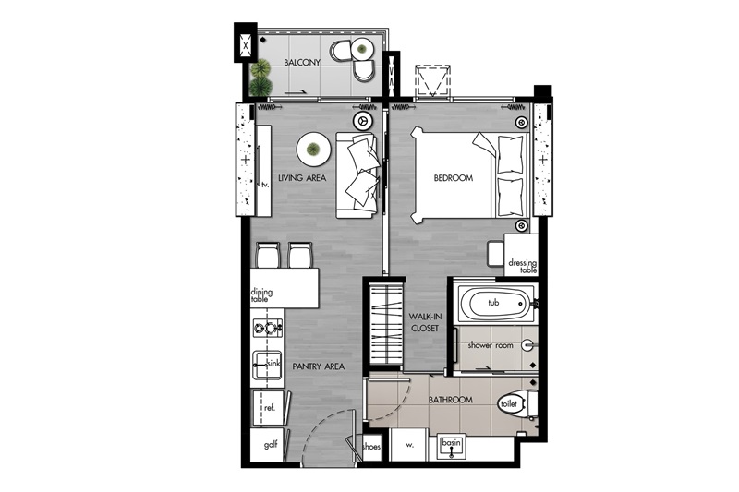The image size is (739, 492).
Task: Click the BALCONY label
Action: (x=302, y=62)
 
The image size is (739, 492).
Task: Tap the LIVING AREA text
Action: (x=302, y=178)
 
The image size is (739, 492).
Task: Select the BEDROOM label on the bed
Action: (x=453, y=178)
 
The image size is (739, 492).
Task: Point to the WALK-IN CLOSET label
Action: (x=425, y=322)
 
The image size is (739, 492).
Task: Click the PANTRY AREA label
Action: (x=318, y=366)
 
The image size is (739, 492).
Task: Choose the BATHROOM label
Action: (x=450, y=400)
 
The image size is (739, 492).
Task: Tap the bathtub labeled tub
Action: (x=494, y=304)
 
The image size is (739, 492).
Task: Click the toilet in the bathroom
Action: (x=517, y=404)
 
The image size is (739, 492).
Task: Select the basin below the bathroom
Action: (x=451, y=448)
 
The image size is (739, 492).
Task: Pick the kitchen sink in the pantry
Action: (x=267, y=365)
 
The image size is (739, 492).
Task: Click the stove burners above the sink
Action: (x=267, y=327)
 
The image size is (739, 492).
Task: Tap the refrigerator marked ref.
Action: (x=269, y=408)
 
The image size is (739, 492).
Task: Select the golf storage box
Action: (x=267, y=445)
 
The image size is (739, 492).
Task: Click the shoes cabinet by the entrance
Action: (x=371, y=447)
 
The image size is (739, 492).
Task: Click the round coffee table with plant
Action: (x=313, y=150)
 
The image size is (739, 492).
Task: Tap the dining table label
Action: (x=261, y=295)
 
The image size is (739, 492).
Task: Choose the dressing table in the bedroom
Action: (x=521, y=255)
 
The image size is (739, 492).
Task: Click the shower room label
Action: (x=491, y=345)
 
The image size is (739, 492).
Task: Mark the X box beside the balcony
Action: (x=246, y=45)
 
